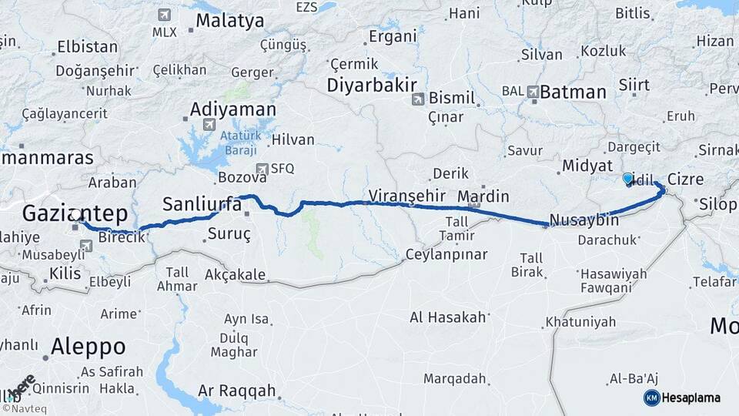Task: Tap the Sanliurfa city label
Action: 197,204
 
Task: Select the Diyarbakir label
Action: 372,85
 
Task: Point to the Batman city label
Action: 573,92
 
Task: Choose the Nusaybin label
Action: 585,220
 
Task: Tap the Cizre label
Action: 685,179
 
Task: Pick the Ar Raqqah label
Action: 236,391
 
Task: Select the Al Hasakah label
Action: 448,317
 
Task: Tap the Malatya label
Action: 229,21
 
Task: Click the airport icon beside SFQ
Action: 263,168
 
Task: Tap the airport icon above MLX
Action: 164,15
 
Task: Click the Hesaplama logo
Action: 682,398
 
